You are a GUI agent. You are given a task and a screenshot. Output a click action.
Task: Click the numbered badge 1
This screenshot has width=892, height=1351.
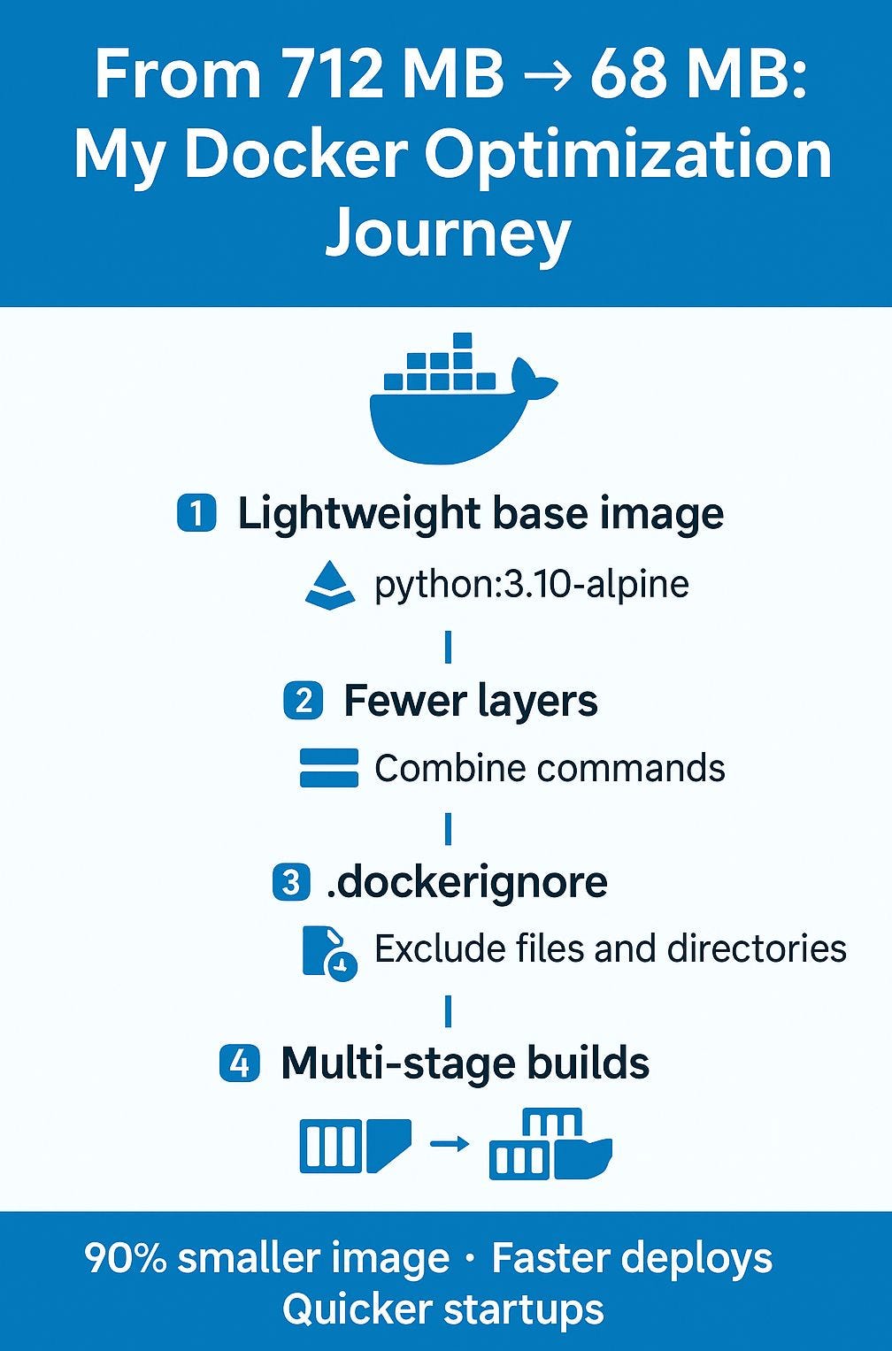click(x=196, y=512)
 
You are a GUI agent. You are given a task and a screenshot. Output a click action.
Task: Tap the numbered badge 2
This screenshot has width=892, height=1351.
click(x=304, y=700)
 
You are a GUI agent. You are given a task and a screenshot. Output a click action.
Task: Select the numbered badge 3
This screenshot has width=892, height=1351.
click(x=292, y=883)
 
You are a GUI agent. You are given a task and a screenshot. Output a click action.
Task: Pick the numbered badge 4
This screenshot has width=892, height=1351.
click(x=240, y=1063)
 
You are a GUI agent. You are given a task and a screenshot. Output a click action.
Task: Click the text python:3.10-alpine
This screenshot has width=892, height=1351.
click(x=531, y=584)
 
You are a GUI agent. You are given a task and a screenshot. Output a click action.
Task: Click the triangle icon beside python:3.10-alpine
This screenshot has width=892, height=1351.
click(x=330, y=585)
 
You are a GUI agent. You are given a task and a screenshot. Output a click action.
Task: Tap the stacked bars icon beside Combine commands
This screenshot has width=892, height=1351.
click(x=328, y=768)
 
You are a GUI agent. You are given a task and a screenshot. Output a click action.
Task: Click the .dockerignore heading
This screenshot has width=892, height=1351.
click(x=466, y=882)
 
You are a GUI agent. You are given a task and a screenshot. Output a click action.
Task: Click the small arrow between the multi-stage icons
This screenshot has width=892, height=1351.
click(x=450, y=1143)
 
